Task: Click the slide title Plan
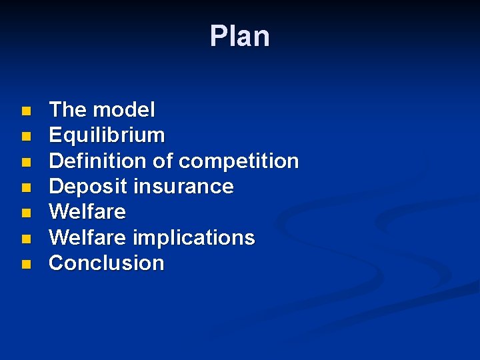239,37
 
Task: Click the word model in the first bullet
124,109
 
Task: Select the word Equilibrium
107,135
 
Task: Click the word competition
239,161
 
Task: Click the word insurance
183,186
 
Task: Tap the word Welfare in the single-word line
87,212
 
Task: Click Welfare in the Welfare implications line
87,237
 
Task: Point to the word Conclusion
107,263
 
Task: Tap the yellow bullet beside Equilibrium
25,136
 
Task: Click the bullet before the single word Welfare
25,213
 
